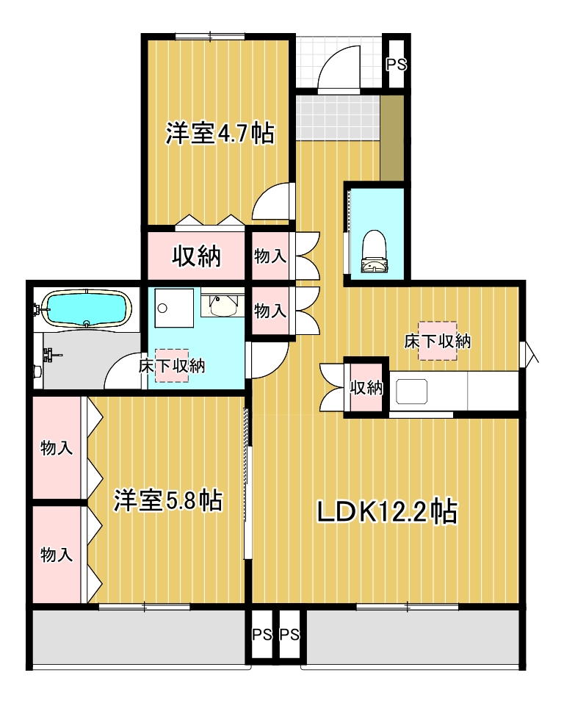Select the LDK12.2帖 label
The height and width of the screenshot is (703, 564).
point(387,511)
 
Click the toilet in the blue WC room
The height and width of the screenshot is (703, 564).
point(374,250)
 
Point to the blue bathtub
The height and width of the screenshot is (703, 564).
point(86,309)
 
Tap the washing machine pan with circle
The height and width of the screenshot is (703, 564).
point(173,308)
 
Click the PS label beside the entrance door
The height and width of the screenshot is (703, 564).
point(396,64)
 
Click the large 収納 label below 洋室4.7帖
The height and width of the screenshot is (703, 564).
point(196,256)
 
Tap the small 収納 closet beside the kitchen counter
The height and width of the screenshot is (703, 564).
point(366,388)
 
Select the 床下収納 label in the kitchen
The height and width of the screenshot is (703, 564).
point(438,341)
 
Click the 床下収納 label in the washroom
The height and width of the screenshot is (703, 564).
point(172,365)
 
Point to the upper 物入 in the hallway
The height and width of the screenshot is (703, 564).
point(270,256)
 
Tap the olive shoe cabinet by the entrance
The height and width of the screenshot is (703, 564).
point(393,137)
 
